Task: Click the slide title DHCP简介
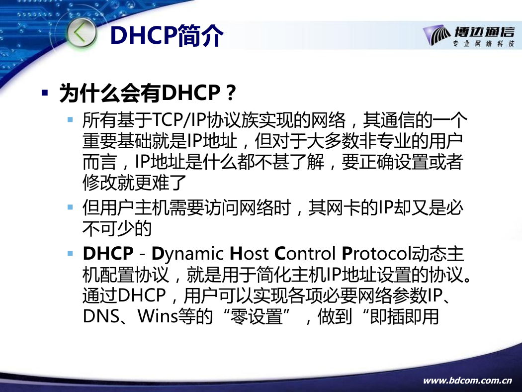(x=167, y=35)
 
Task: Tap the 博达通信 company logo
(x=469, y=36)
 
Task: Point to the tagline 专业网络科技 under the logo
(x=483, y=44)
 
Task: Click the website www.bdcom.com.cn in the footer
(x=467, y=381)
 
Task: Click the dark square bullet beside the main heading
(x=45, y=93)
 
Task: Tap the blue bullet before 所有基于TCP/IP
(x=70, y=119)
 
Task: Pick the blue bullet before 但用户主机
(x=70, y=207)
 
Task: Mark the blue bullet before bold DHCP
(x=70, y=253)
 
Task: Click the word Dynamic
(x=187, y=254)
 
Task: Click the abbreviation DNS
(x=101, y=316)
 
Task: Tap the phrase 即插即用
(x=404, y=316)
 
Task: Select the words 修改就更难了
(x=135, y=183)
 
